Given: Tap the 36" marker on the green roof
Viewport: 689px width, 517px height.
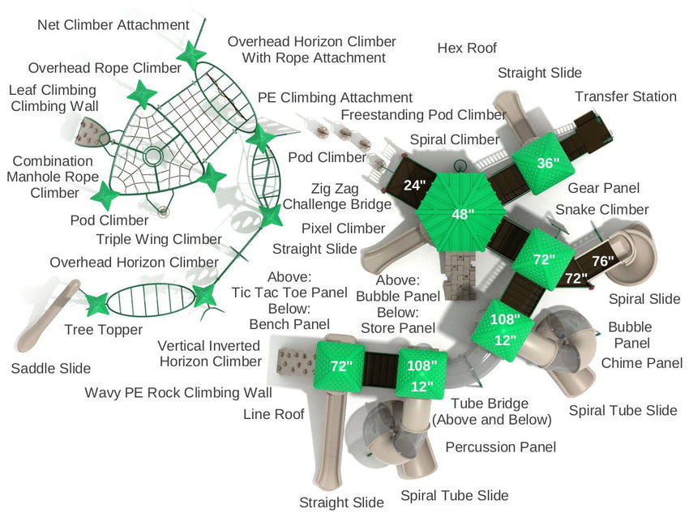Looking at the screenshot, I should [548, 163].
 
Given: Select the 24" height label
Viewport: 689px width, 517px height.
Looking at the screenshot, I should [414, 185].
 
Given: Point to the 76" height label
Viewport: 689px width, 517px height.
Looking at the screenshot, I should [603, 261].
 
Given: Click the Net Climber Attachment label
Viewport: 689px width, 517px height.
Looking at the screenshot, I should [113, 25].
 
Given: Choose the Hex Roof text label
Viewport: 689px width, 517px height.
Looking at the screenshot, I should [467, 49].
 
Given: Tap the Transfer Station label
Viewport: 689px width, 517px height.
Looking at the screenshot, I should [626, 96].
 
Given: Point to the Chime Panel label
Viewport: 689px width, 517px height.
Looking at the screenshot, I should [642, 363].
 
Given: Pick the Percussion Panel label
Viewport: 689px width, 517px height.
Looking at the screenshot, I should [501, 446].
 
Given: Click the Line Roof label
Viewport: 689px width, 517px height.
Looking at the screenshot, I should [274, 414].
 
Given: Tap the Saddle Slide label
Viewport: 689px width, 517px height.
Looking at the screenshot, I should [51, 369].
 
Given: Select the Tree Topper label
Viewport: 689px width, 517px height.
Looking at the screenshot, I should [104, 330].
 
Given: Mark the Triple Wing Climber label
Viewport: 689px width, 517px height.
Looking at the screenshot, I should [159, 239].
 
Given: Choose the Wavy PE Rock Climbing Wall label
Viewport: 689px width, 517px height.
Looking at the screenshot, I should [178, 393].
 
